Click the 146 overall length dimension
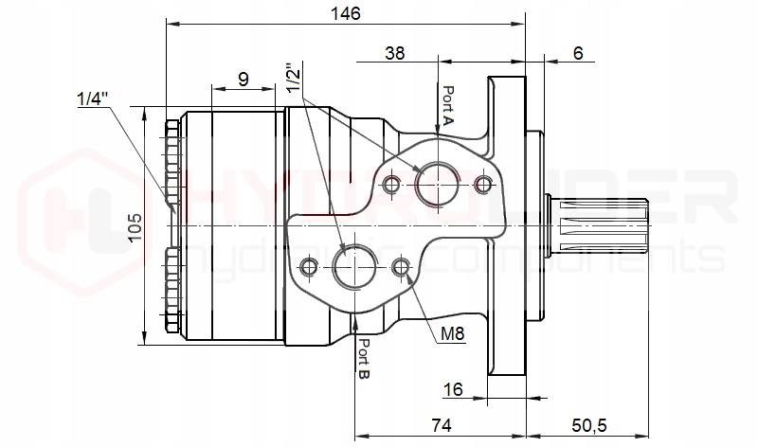(344, 13)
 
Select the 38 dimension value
(396, 53)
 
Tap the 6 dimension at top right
(578, 53)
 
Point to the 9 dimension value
(244, 79)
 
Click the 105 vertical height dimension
(134, 225)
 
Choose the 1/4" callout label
(93, 98)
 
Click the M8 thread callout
(452, 333)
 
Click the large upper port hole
(438, 181)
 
